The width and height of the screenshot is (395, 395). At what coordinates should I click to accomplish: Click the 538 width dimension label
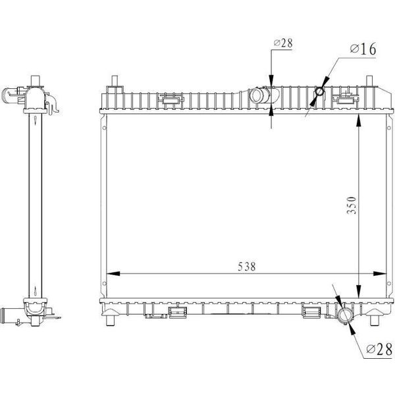[247, 266]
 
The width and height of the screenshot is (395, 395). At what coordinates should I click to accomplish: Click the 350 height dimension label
[352, 205]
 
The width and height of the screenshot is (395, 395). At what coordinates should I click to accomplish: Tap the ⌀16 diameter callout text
[363, 49]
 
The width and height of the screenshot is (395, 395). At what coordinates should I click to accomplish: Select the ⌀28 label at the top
[283, 43]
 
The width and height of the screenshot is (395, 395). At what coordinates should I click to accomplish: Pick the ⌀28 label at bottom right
[379, 349]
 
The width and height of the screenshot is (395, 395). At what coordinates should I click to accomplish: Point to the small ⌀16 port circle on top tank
[319, 92]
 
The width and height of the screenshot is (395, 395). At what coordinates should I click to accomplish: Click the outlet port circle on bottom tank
[345, 316]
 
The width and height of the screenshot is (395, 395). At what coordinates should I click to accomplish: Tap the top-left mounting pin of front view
[115, 80]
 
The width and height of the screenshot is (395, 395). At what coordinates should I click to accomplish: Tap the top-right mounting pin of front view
[369, 80]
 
